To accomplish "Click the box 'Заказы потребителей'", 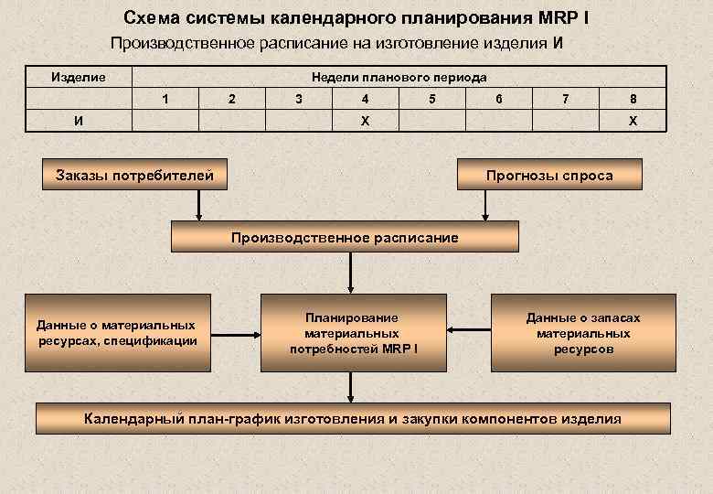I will [135, 175].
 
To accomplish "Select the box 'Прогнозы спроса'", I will [549, 175].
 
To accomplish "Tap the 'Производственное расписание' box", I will [346, 238].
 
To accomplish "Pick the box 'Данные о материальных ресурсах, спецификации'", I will [118, 333].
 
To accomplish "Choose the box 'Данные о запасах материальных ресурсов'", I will [583, 333].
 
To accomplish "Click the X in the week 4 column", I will [366, 122].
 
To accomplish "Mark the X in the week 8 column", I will [633, 122].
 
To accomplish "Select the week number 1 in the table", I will [165, 99].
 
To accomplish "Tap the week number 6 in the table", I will [499, 99].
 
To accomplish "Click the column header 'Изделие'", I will [78, 78].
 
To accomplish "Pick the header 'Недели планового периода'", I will [399, 78].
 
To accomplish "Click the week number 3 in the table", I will [299, 99].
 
